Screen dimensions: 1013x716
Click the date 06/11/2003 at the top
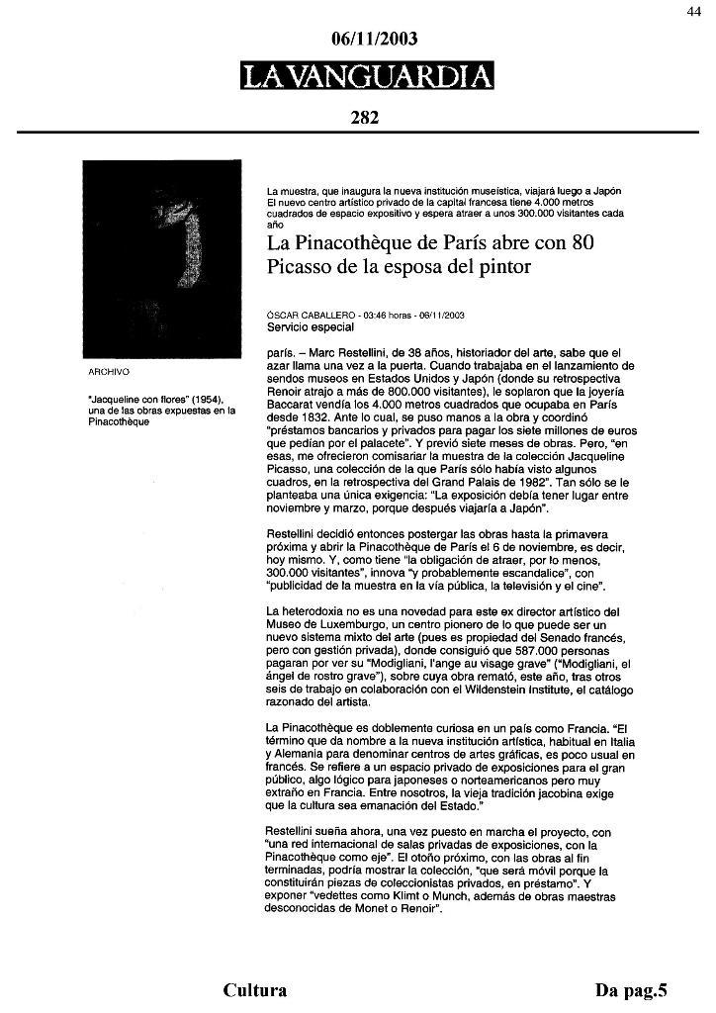[375, 40]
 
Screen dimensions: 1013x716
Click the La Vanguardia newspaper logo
[366, 76]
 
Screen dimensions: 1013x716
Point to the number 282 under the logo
[365, 118]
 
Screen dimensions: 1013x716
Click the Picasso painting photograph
[160, 259]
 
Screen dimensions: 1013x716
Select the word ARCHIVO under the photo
[111, 373]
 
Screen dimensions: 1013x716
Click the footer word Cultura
[255, 990]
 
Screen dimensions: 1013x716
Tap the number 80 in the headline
[582, 243]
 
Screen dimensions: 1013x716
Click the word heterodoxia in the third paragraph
[324, 610]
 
